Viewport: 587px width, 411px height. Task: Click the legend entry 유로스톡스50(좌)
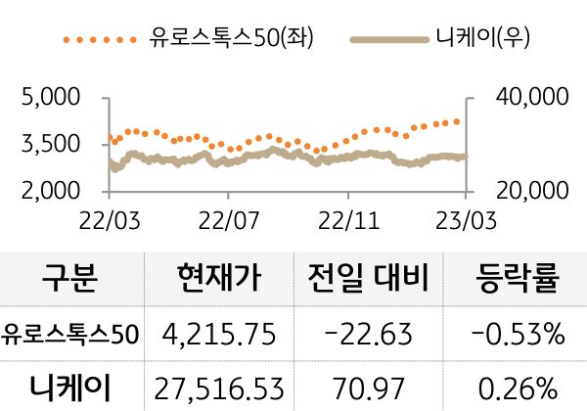225,39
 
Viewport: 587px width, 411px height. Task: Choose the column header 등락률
518,281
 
